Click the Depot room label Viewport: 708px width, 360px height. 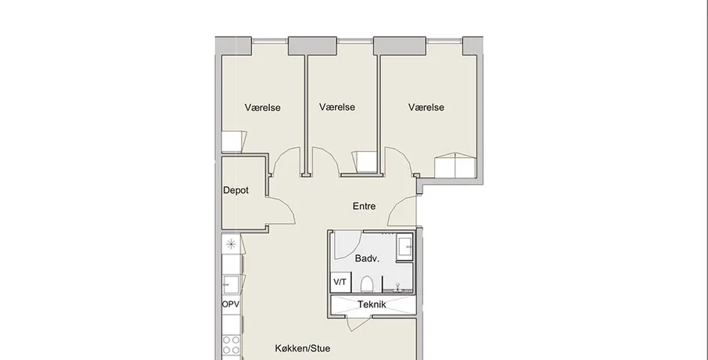(x=235, y=191)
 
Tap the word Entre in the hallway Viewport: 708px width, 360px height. (x=364, y=206)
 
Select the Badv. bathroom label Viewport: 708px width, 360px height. (x=367, y=259)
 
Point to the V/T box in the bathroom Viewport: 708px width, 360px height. (x=340, y=283)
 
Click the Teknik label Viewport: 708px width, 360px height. (x=372, y=304)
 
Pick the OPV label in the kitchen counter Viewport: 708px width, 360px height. (x=230, y=304)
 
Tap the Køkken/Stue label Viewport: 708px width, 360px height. (x=302, y=348)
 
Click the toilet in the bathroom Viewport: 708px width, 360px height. (x=367, y=285)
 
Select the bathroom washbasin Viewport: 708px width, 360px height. (x=404, y=247)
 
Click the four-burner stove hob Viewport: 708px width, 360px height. (x=231, y=345)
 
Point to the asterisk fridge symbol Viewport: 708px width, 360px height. (x=231, y=245)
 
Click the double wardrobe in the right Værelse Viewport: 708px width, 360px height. (x=455, y=165)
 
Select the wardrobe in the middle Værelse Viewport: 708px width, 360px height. (x=365, y=162)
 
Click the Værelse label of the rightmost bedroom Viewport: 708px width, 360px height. (x=426, y=107)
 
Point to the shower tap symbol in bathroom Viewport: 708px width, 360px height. (x=397, y=286)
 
